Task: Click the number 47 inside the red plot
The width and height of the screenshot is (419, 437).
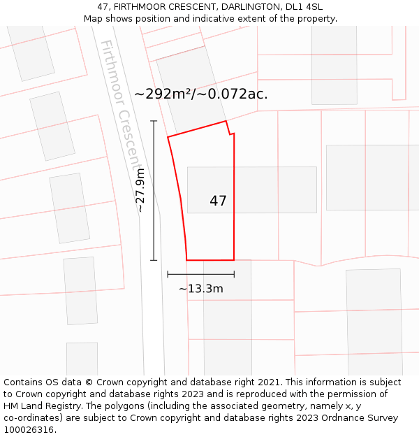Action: pyautogui.click(x=218, y=201)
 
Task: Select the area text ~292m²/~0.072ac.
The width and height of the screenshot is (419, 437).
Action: pyautogui.click(x=201, y=94)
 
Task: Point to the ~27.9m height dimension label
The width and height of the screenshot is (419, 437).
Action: pyautogui.click(x=140, y=190)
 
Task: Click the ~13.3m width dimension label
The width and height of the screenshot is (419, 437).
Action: pyautogui.click(x=201, y=288)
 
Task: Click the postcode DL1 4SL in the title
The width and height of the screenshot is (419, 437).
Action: pyautogui.click(x=302, y=7)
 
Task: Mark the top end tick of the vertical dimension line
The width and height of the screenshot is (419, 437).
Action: pyautogui.click(x=154, y=121)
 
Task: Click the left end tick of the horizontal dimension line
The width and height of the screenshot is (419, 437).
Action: pyautogui.click(x=168, y=274)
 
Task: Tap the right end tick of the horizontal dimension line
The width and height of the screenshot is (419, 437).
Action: pyautogui.click(x=234, y=274)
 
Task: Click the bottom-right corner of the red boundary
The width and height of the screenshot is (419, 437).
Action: pyautogui.click(x=234, y=259)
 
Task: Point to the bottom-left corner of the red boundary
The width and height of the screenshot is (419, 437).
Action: pyautogui.click(x=186, y=259)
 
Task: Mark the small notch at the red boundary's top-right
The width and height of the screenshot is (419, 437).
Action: pyautogui.click(x=230, y=133)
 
